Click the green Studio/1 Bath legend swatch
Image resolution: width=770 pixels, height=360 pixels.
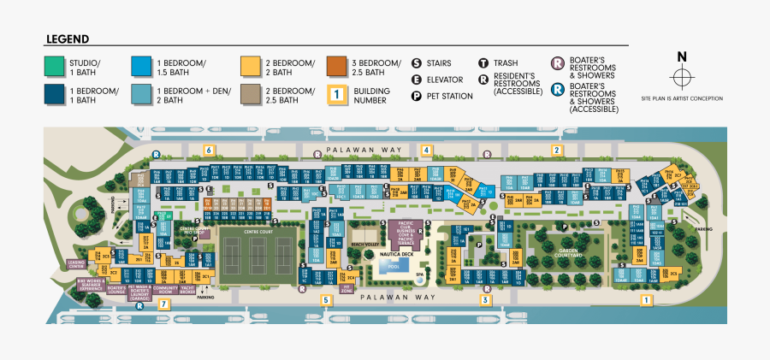(x=54, y=67)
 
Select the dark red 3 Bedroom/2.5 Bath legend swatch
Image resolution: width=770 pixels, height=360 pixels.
(x=336, y=67)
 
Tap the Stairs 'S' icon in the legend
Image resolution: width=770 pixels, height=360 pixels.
(x=417, y=63)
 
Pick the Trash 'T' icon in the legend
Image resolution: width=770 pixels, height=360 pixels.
(x=483, y=63)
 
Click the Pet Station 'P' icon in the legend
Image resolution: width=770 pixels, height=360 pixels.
(x=417, y=96)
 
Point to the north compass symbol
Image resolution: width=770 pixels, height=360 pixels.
(x=681, y=76)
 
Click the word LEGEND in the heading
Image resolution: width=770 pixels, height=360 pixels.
(x=68, y=39)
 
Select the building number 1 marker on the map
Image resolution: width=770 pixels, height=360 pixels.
(x=647, y=300)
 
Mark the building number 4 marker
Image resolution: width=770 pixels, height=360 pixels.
(x=425, y=150)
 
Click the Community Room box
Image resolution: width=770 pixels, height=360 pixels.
(x=163, y=289)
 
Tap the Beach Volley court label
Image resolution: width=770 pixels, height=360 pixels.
(x=365, y=245)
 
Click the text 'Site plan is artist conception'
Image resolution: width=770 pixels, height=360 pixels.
(x=681, y=99)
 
